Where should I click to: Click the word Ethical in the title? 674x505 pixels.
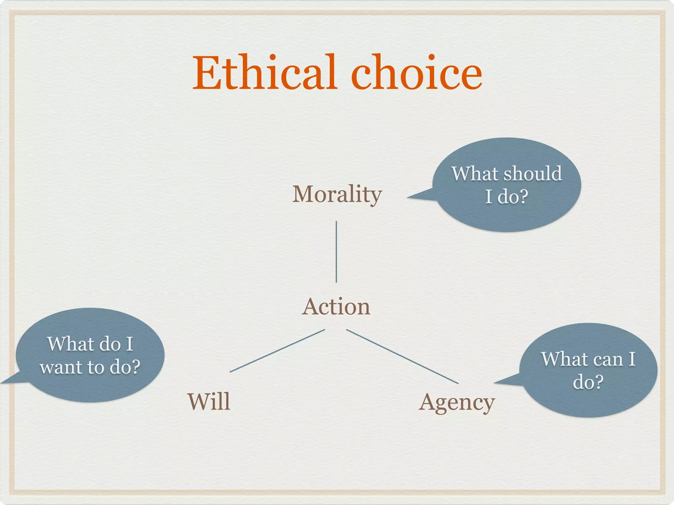pos(265,72)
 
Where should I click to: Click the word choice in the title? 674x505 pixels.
pos(417,72)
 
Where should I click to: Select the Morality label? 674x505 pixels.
pos(337,195)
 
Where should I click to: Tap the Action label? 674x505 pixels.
pos(336,306)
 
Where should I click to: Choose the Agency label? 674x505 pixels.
pos(457,403)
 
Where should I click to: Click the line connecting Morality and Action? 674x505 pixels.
pos(336,252)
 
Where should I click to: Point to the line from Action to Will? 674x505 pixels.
pos(277,350)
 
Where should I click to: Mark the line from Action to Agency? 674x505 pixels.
pos(402,356)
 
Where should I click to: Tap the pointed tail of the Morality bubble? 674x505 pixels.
pos(408,197)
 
